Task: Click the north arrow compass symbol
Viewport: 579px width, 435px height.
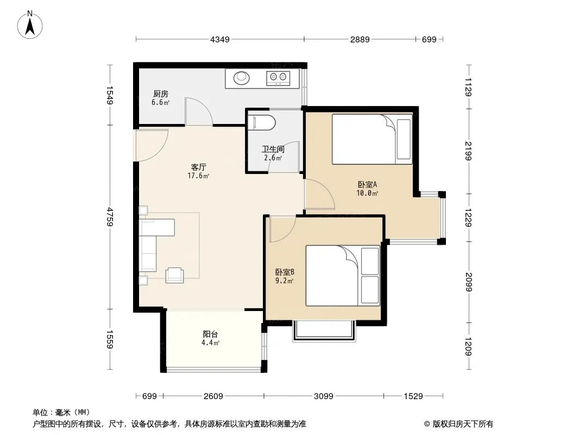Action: [x=30, y=25]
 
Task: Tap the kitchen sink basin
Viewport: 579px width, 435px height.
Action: [x=242, y=78]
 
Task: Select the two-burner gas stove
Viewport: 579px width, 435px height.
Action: [x=278, y=78]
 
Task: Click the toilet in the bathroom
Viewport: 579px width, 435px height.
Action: [x=262, y=123]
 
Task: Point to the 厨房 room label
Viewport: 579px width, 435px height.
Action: [x=161, y=94]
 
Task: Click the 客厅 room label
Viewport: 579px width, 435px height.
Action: [x=199, y=167]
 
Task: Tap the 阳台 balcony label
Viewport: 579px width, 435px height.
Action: [x=211, y=334]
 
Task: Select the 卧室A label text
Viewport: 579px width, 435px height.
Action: [x=367, y=184]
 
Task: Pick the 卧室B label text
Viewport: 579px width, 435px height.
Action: [x=285, y=272]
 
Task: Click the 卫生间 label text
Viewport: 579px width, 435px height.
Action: [x=273, y=150]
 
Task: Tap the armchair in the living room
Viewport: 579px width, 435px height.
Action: [x=175, y=275]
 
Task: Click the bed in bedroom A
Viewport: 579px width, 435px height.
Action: [x=372, y=139]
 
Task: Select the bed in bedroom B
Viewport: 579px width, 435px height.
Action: [x=343, y=276]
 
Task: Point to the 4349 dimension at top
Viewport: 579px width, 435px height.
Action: [x=220, y=39]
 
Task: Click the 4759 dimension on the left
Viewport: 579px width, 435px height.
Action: [x=110, y=216]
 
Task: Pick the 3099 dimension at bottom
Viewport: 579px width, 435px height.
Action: [x=324, y=396]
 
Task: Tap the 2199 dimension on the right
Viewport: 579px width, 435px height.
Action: [x=469, y=151]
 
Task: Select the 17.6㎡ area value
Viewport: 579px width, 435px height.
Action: [x=198, y=176]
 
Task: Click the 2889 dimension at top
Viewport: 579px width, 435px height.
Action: [x=360, y=39]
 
